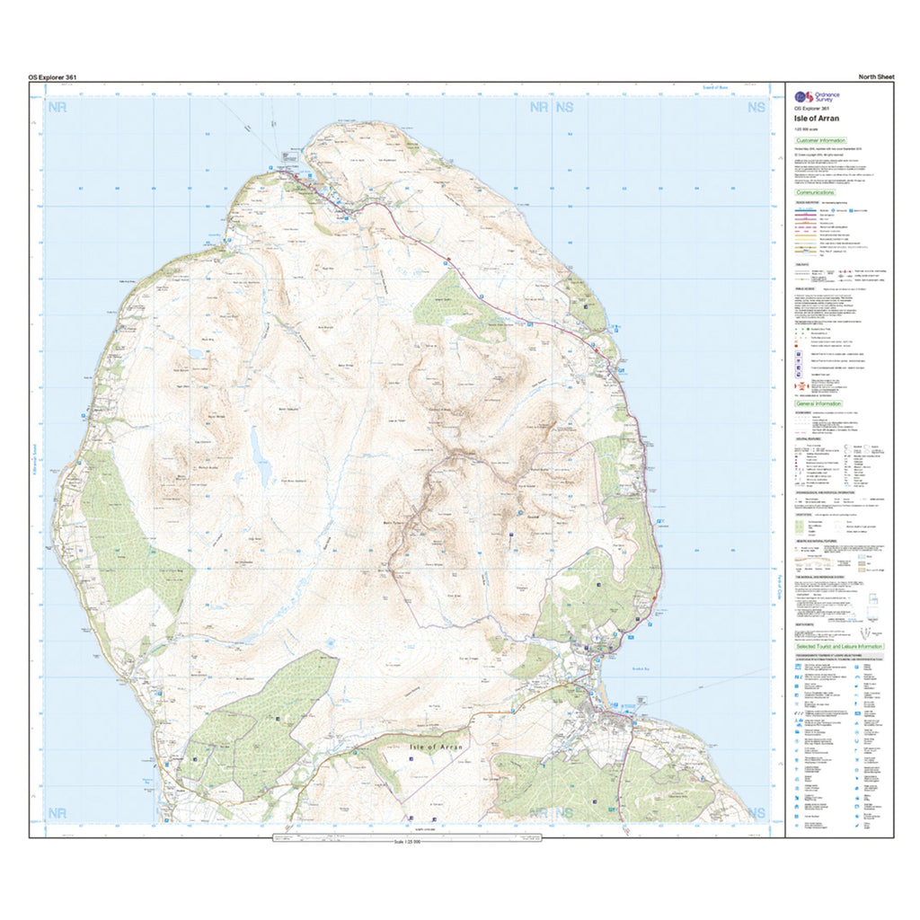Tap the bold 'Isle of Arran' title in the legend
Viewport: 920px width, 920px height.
click(x=813, y=117)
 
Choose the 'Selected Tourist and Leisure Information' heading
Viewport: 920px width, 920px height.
click(x=839, y=646)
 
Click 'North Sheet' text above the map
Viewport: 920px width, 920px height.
click(x=876, y=77)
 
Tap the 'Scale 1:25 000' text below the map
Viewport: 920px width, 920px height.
click(x=408, y=842)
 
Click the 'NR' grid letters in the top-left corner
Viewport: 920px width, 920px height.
click(x=59, y=107)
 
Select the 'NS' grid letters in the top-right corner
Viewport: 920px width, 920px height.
click(x=756, y=107)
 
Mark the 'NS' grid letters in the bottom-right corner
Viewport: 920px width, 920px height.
click(x=756, y=813)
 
